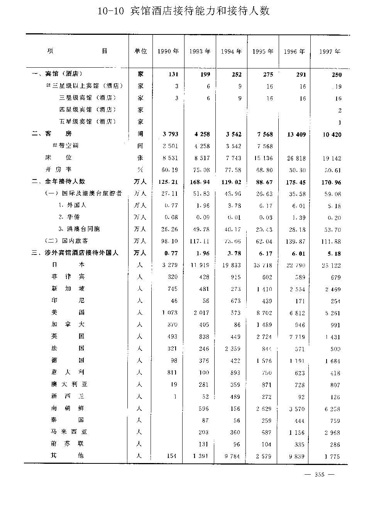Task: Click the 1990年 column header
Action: tap(168, 51)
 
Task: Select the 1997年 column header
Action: tap(330, 51)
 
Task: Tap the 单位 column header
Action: tap(141, 51)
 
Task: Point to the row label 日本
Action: tap(68, 265)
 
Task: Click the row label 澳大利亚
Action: tap(69, 384)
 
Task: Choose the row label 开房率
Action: tap(58, 169)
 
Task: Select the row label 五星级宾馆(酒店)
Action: tap(88, 121)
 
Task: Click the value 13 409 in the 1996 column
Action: tap(296, 135)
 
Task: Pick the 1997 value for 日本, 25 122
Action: tap(331, 265)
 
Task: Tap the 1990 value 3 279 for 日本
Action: tap(170, 265)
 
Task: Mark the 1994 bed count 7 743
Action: tap(234, 158)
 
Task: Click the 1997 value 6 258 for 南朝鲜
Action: tap(332, 409)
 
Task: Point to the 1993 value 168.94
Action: tap(200, 182)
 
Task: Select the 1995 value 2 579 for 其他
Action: tap(264, 456)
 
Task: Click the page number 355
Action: tap(320, 475)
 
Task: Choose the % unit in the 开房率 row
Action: tap(140, 169)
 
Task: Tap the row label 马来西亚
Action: tap(69, 432)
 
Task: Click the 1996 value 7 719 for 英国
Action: tap(297, 337)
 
